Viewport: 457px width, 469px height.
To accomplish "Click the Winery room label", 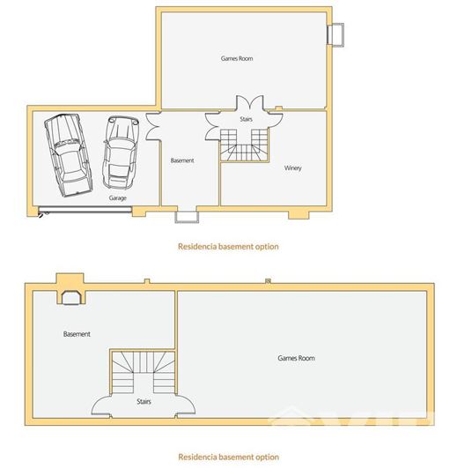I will point(293,167).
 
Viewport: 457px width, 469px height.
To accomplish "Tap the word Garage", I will point(118,198).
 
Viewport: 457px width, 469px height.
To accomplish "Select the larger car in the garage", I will point(67,153).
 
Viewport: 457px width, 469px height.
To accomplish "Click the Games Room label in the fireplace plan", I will point(296,358).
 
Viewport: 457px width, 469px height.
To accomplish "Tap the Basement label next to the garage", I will point(182,160).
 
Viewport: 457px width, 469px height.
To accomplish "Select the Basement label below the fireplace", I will point(77,334).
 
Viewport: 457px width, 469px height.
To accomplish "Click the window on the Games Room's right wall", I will point(336,34).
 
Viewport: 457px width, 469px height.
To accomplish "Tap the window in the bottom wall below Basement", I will point(187,216).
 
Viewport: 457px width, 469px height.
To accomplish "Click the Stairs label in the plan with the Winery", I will point(247,117).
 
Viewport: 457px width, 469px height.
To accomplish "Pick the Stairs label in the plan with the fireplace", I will point(144,401).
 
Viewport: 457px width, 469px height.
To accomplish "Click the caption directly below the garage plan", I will point(228,247).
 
